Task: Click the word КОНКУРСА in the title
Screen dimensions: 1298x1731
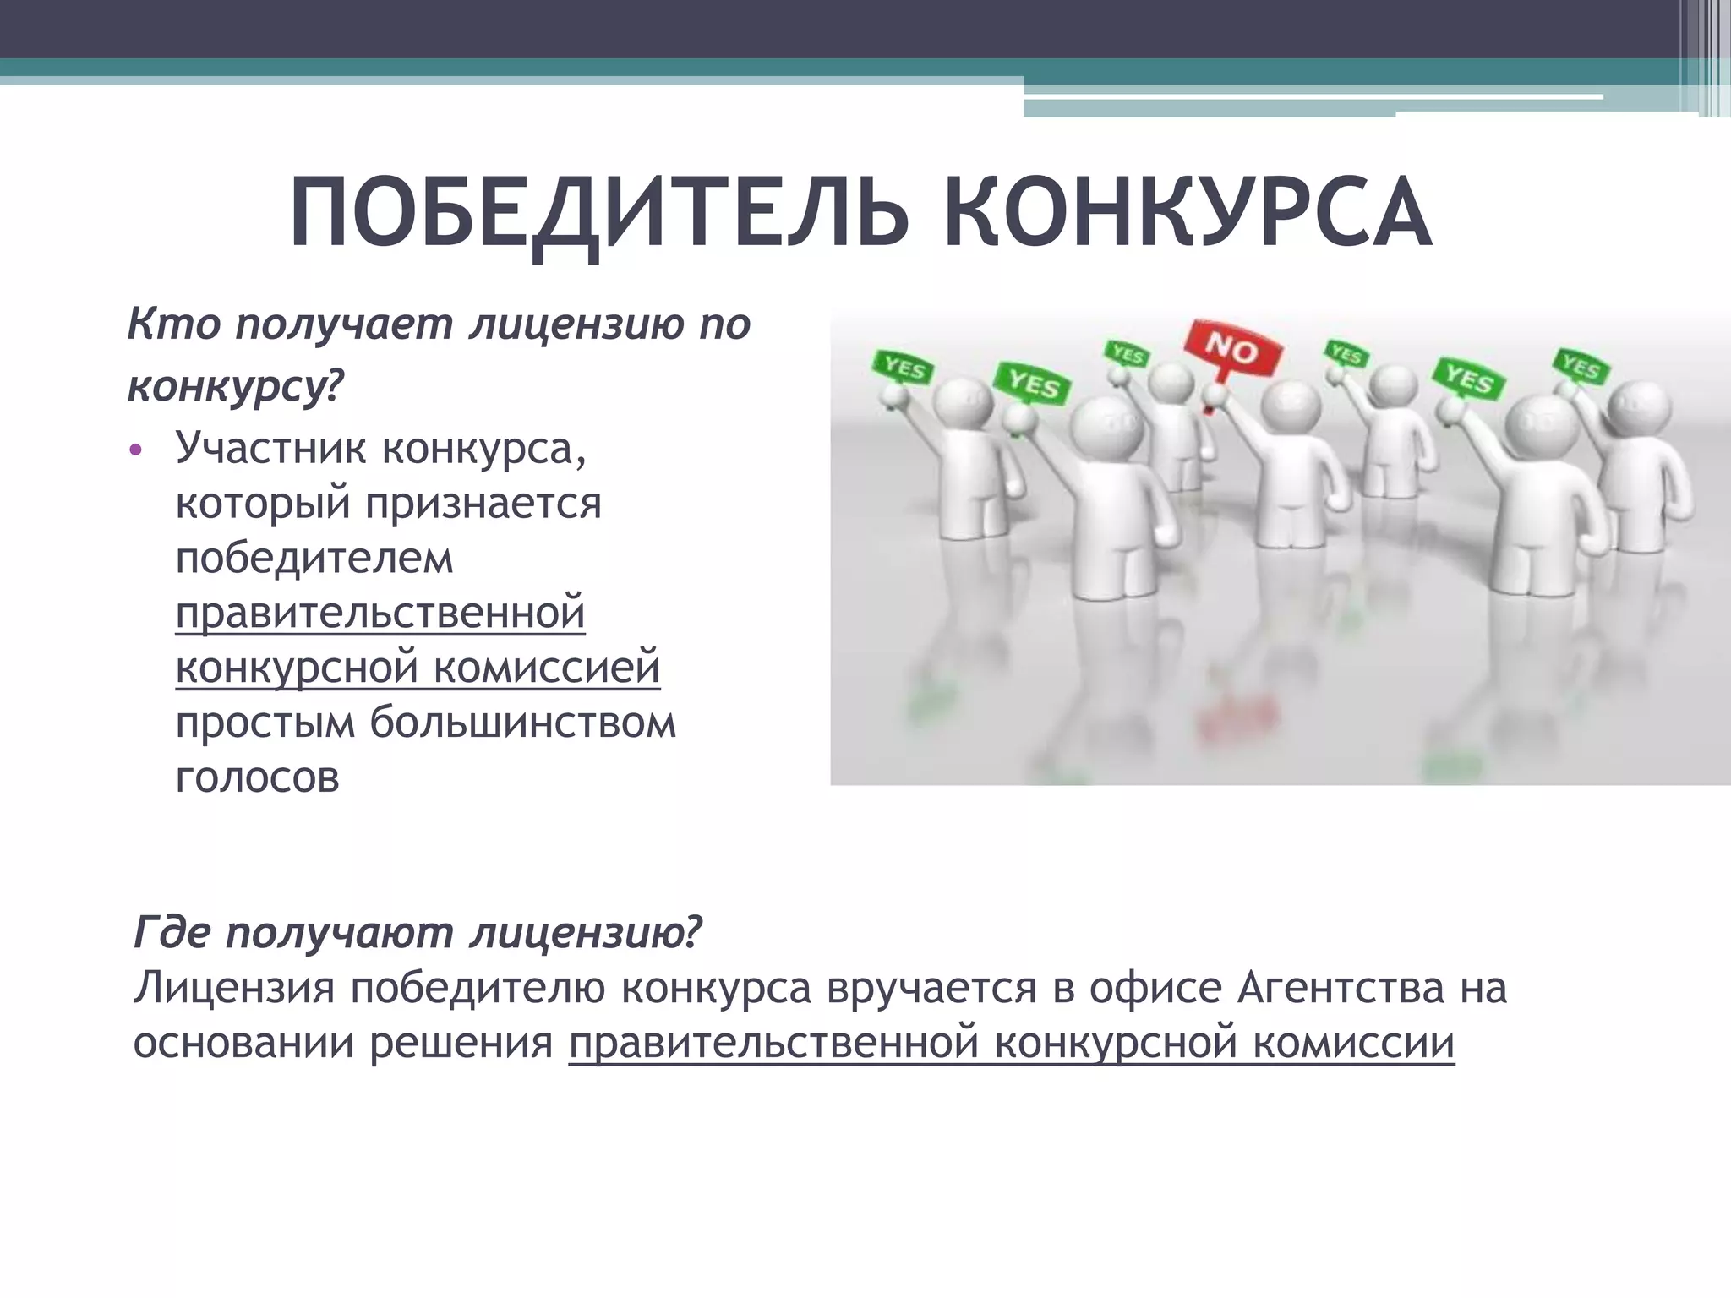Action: pyautogui.click(x=1187, y=213)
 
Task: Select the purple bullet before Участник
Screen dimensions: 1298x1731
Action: pyautogui.click(x=136, y=450)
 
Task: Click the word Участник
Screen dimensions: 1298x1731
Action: pyautogui.click(x=270, y=448)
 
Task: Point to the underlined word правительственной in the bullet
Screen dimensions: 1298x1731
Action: pyautogui.click(x=380, y=613)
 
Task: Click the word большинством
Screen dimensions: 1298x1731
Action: pyautogui.click(x=522, y=723)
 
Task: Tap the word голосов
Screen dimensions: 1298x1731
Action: pyautogui.click(x=258, y=777)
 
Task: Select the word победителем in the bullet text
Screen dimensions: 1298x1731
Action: pyautogui.click(x=314, y=558)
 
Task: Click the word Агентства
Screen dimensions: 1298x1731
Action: pyautogui.click(x=1341, y=988)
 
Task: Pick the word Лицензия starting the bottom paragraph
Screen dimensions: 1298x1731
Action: pyautogui.click(x=234, y=988)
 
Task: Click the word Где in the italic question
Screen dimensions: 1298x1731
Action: pyautogui.click(x=172, y=932)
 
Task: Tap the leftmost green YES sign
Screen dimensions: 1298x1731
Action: pyautogui.click(x=904, y=368)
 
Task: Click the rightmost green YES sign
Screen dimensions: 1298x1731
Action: pyautogui.click(x=1581, y=366)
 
